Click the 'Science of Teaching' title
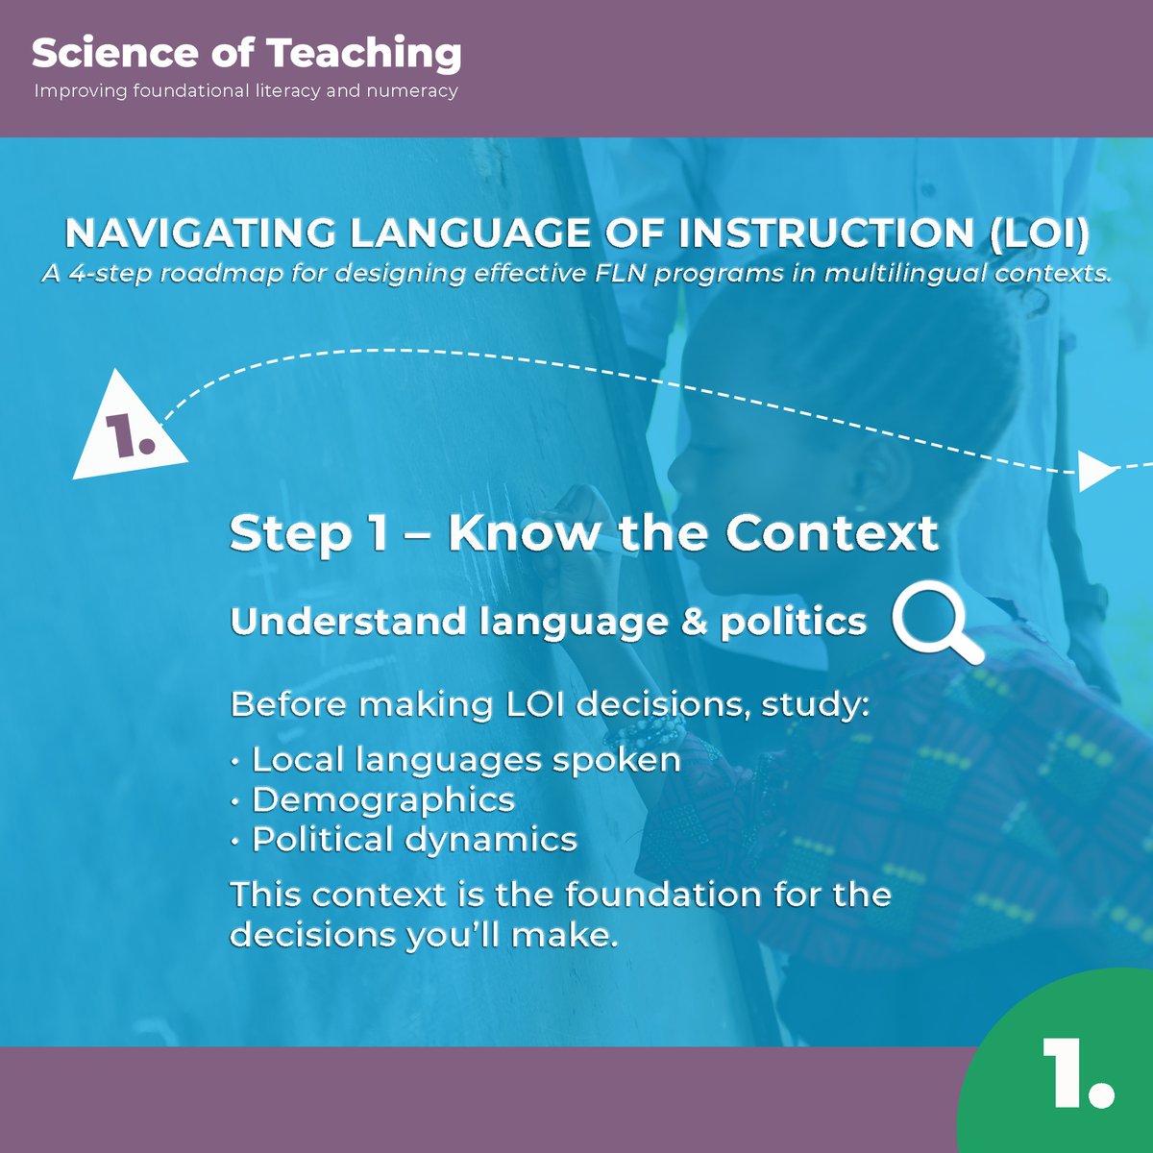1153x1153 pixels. coord(246,55)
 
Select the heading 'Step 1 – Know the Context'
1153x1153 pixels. coord(583,533)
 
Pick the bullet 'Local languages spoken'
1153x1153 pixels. coord(465,760)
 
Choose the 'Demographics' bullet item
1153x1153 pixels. coord(382,799)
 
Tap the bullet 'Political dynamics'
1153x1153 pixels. coord(413,840)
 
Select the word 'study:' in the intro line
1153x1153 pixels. coord(816,704)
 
